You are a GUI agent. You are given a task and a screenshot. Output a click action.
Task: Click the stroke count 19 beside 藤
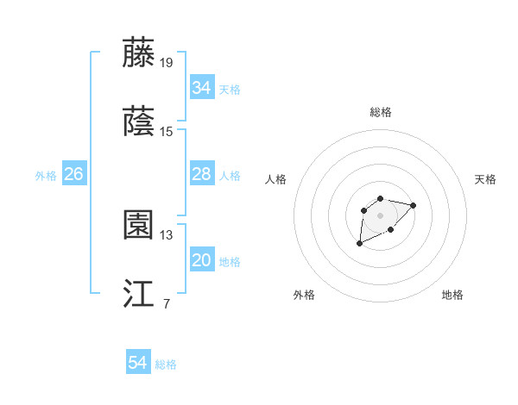pyautogui.click(x=167, y=62)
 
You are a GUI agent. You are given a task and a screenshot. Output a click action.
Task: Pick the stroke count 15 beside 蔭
pyautogui.click(x=167, y=131)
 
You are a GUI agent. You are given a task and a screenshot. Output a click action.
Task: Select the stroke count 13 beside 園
pyautogui.click(x=167, y=234)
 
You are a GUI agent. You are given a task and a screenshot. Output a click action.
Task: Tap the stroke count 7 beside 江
pyautogui.click(x=166, y=303)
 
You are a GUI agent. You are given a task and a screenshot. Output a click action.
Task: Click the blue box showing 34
pyautogui.click(x=201, y=87)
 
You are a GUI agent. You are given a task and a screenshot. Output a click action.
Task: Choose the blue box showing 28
pyautogui.click(x=201, y=174)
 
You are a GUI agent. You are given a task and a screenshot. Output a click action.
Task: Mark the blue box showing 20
pyautogui.click(x=201, y=260)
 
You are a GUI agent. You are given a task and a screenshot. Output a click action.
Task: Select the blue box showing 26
pyautogui.click(x=73, y=174)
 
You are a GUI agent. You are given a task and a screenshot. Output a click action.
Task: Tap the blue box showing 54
pyautogui.click(x=138, y=363)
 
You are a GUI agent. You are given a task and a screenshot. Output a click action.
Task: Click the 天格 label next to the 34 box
pyautogui.click(x=230, y=89)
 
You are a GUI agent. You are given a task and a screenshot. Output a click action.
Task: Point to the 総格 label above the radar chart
pyautogui.click(x=381, y=112)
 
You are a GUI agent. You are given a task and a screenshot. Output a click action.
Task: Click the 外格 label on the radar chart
pyautogui.click(x=304, y=295)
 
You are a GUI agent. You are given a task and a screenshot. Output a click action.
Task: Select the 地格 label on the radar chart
pyautogui.click(x=452, y=295)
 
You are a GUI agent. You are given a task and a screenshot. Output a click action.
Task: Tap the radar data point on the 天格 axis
pyautogui.click(x=414, y=205)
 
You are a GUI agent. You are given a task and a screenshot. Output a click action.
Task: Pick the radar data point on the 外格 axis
pyautogui.click(x=359, y=244)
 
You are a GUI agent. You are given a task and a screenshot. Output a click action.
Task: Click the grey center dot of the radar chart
pyautogui.click(x=380, y=215)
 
